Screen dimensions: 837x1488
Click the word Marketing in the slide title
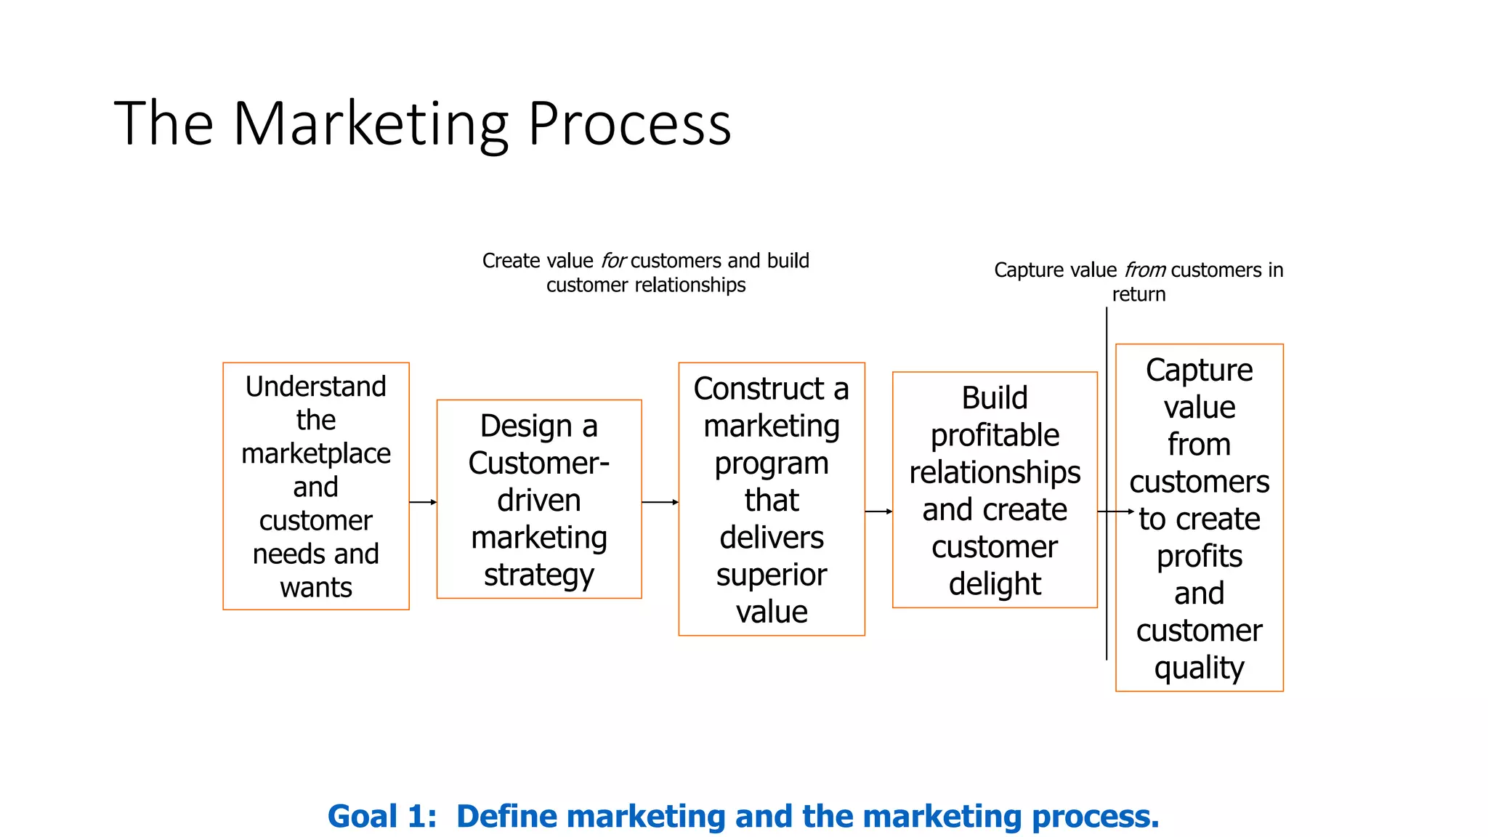(371, 125)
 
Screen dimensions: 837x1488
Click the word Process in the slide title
(629, 125)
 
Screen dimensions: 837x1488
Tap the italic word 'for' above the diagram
(612, 261)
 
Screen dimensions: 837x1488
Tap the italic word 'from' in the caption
(1145, 270)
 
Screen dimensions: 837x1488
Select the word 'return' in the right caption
(1139, 295)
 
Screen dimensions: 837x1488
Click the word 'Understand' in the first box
(315, 387)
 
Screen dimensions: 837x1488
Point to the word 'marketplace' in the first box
(315, 454)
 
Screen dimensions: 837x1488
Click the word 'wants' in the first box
(315, 587)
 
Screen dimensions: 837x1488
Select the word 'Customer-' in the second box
(538, 464)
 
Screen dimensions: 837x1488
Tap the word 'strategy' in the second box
(538, 575)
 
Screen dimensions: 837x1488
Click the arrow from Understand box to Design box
(423, 502)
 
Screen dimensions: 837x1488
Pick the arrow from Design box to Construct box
(660, 502)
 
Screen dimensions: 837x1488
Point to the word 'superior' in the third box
(771, 575)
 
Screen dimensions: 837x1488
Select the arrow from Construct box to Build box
(878, 511)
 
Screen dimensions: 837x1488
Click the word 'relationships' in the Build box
(995, 473)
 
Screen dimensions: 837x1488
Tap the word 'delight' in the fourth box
(995, 584)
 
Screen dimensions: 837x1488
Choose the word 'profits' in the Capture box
(1199, 557)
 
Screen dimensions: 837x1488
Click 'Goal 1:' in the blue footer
(382, 817)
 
